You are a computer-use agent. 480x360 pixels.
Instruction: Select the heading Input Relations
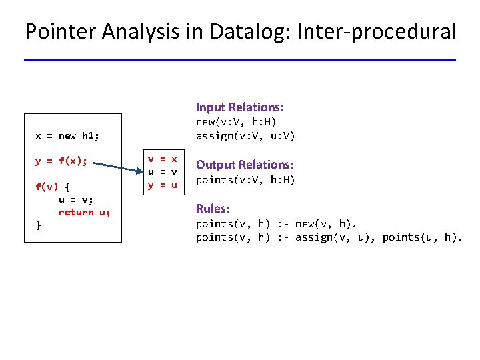(239, 107)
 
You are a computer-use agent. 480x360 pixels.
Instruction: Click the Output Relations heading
(245, 165)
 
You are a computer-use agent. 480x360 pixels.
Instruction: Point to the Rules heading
(212, 209)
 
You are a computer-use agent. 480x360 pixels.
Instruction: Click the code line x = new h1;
(67, 136)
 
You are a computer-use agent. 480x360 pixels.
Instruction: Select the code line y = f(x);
(61, 161)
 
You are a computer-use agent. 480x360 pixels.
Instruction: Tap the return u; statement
(85, 212)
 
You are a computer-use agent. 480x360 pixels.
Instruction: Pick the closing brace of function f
(38, 225)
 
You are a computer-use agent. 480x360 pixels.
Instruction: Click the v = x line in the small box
(163, 159)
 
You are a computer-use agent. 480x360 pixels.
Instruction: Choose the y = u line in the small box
(163, 185)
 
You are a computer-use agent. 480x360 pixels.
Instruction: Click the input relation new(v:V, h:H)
(235, 122)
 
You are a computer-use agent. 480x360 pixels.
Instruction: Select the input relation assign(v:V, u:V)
(245, 136)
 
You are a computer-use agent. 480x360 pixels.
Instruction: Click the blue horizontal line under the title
(240, 61)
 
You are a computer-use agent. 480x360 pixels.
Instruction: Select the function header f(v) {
(51, 186)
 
